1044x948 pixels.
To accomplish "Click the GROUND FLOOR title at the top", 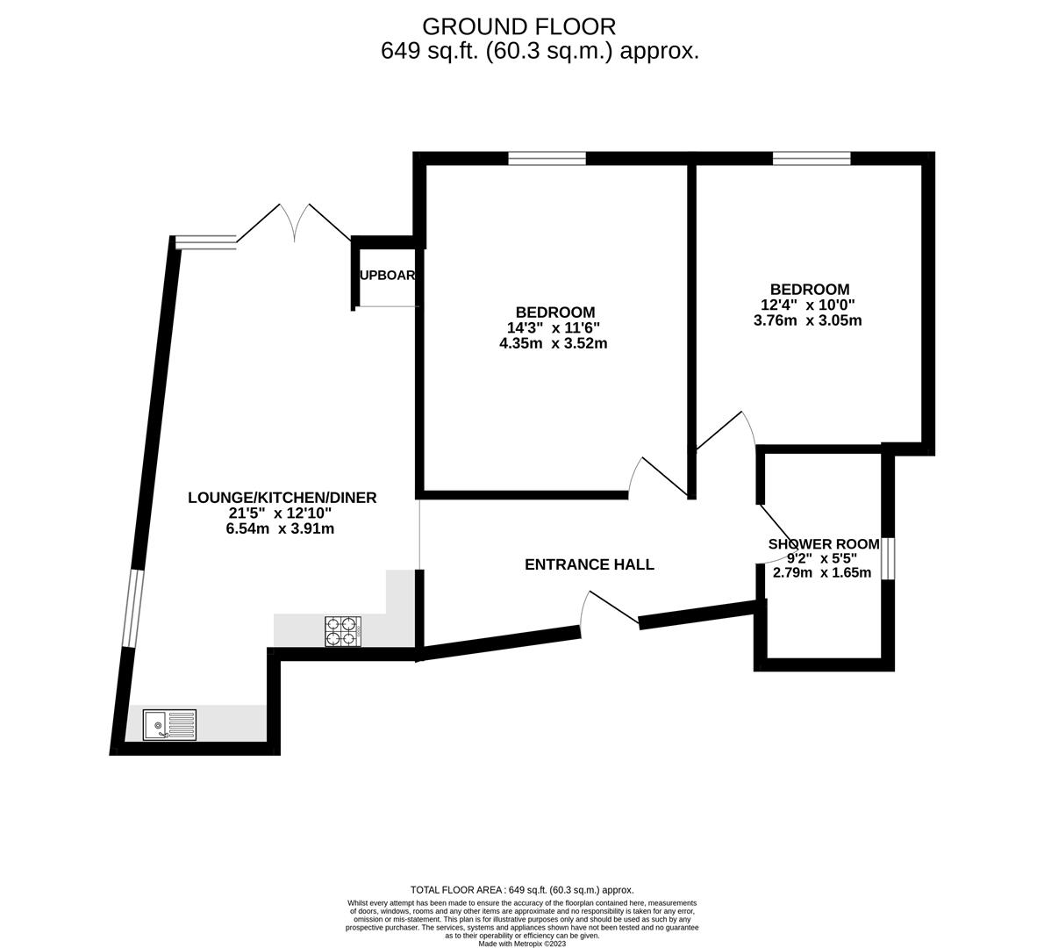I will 518,26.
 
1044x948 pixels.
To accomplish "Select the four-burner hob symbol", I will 343,632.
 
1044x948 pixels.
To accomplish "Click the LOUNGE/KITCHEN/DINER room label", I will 282,498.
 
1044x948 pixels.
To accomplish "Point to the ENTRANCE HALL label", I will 589,564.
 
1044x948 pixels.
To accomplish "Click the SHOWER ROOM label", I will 823,544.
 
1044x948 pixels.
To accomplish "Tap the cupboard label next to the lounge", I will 387,275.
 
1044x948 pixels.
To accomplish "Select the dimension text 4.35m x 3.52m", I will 553,343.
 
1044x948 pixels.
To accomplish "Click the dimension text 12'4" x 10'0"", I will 807,305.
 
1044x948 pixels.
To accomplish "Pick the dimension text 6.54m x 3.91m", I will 280,528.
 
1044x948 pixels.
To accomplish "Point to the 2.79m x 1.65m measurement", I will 821,573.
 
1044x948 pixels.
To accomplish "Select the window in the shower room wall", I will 889,558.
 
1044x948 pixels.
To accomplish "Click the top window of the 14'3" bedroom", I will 547,159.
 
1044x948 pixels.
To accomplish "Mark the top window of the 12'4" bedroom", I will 812,159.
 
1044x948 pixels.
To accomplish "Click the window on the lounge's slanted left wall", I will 132,608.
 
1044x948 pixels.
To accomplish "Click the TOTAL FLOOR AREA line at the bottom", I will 522,889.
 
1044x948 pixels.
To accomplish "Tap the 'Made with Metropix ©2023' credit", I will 522,944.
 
